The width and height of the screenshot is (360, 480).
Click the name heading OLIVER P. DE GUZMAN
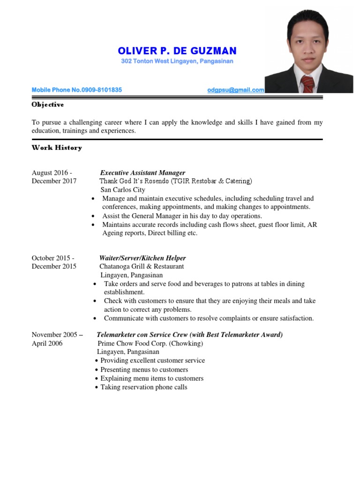pos(177,51)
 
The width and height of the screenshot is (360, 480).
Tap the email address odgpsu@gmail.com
pos(235,90)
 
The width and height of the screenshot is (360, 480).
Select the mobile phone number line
pos(77,90)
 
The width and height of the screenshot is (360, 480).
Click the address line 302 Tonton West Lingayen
pos(177,61)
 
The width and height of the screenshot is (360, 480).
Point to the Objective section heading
pos(48,105)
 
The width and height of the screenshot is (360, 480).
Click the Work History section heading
pos(57,148)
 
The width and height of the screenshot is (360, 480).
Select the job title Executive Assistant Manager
pos(143,172)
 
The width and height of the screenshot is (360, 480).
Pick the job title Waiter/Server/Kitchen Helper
pos(142,258)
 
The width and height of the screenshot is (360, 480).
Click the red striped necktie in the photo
pos(307,83)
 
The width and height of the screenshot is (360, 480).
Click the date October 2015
pos(52,258)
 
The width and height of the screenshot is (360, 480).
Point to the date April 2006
pos(47,343)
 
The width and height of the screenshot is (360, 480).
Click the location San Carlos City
pos(123,190)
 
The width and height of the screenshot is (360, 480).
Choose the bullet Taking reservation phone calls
pos(143,387)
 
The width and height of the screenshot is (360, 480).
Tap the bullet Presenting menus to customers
pos(144,369)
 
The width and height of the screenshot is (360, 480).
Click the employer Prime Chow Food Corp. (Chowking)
pos(150,343)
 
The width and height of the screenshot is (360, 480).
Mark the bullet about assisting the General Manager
pos(182,216)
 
